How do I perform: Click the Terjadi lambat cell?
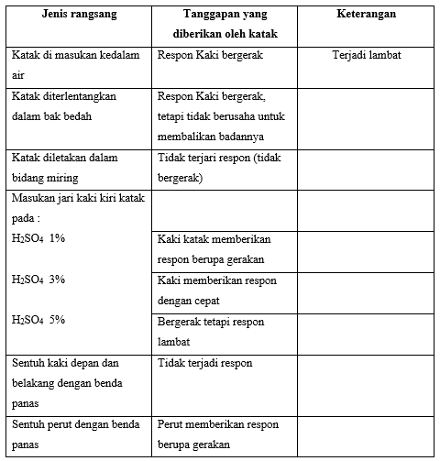click(367, 55)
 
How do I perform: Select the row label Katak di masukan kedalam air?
click(76, 64)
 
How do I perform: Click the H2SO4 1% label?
click(38, 238)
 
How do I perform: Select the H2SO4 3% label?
click(38, 279)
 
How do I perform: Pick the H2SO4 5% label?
click(38, 320)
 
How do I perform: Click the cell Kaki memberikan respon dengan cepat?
click(217, 290)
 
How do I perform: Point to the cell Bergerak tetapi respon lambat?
click(210, 331)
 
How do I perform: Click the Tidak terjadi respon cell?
click(203, 363)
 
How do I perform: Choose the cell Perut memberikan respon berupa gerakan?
click(218, 434)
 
